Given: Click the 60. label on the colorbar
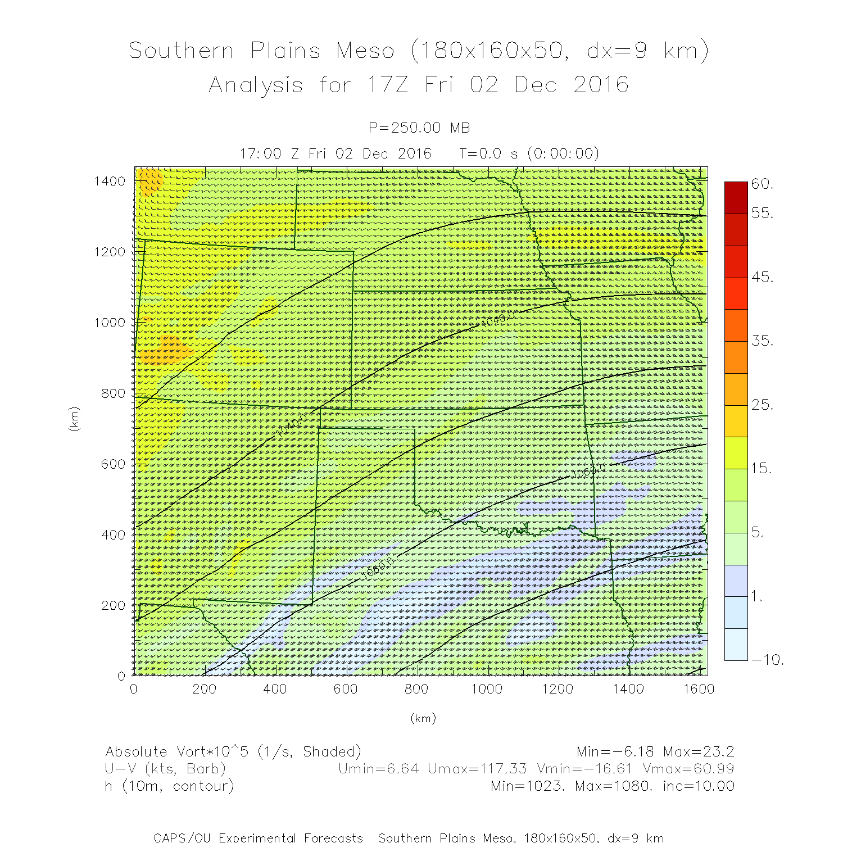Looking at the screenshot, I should pos(762,184).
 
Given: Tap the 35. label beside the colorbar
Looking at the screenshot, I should pos(762,341).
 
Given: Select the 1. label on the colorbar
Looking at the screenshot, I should pos(757,597).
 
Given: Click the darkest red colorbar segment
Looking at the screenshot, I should pos(736,197).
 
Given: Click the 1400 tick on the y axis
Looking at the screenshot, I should pos(110,181).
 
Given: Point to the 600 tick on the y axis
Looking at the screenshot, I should pos(113,464).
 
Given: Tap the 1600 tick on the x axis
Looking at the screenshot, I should pos(699,689).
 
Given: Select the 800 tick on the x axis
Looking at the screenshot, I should pos(416,689).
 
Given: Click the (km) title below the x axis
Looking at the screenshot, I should pos(423,718).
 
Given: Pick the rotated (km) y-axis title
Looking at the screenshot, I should pos(73,419).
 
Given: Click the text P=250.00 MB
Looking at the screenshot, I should pos(419,128).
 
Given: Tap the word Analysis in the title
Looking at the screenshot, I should pos(256,85).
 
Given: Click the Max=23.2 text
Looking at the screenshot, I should pos(699,752).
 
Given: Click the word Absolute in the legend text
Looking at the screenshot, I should pos(136,752).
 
